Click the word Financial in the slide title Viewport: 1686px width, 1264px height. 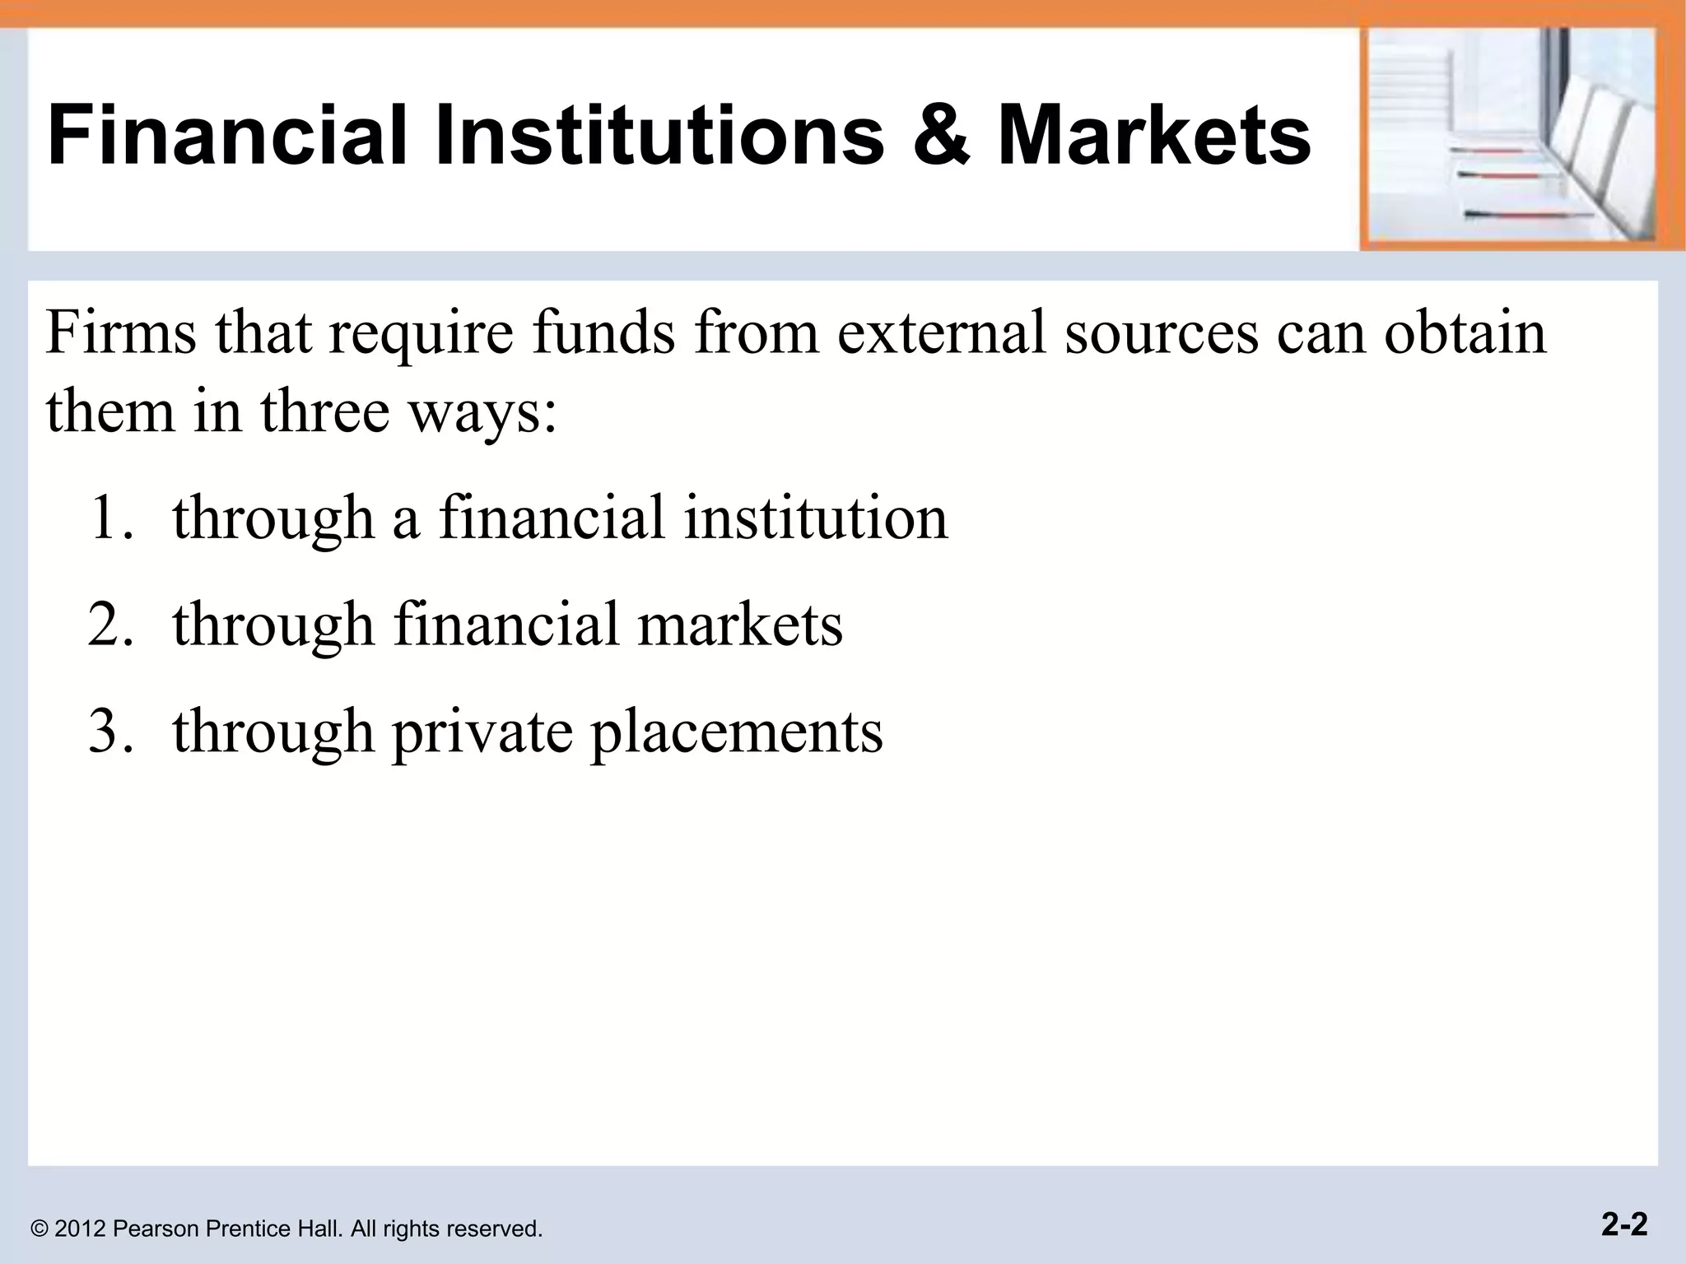click(x=227, y=134)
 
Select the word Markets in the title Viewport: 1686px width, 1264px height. click(x=1154, y=134)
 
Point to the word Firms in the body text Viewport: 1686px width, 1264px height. click(x=120, y=333)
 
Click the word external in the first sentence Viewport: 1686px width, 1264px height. click(x=941, y=333)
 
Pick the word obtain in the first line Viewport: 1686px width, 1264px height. click(x=1465, y=333)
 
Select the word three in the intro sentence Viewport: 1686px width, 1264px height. click(x=325, y=411)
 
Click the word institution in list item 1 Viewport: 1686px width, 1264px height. click(x=816, y=518)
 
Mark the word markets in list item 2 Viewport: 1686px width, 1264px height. click(x=739, y=625)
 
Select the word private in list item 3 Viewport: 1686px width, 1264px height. click(x=482, y=732)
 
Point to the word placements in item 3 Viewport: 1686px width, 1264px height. click(x=737, y=732)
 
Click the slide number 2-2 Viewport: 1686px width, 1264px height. click(x=1624, y=1224)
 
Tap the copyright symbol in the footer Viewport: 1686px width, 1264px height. click(x=39, y=1229)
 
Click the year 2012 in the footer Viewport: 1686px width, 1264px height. click(x=81, y=1229)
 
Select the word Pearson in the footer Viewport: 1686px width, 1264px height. click(x=156, y=1229)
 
